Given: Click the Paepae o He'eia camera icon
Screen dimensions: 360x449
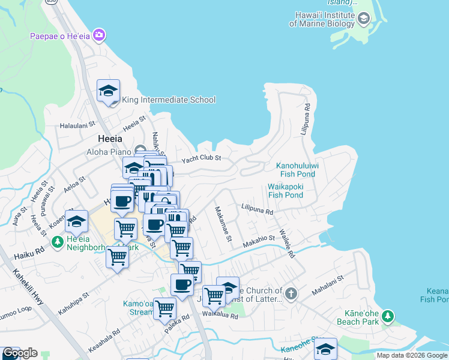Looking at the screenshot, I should pyautogui.click(x=99, y=36).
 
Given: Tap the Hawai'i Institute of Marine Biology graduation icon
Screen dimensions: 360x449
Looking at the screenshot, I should pyautogui.click(x=363, y=19).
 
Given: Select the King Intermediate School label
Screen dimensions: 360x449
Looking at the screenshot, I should pyautogui.click(x=169, y=100).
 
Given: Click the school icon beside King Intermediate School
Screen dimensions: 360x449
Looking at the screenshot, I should pyautogui.click(x=108, y=91).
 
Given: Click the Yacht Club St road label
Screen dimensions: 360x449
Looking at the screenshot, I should pyautogui.click(x=202, y=158).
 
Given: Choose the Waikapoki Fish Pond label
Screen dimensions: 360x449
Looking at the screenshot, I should pyautogui.click(x=285, y=191).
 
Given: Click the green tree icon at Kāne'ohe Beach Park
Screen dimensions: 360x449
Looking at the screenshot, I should pyautogui.click(x=388, y=316).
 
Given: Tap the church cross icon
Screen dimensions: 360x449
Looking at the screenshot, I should pyautogui.click(x=291, y=293).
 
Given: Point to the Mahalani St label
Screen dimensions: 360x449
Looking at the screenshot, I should pyautogui.click(x=328, y=286).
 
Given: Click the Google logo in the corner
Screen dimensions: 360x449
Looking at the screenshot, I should pyautogui.click(x=19, y=353).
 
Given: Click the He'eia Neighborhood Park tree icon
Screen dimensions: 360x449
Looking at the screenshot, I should pyautogui.click(x=58, y=242).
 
